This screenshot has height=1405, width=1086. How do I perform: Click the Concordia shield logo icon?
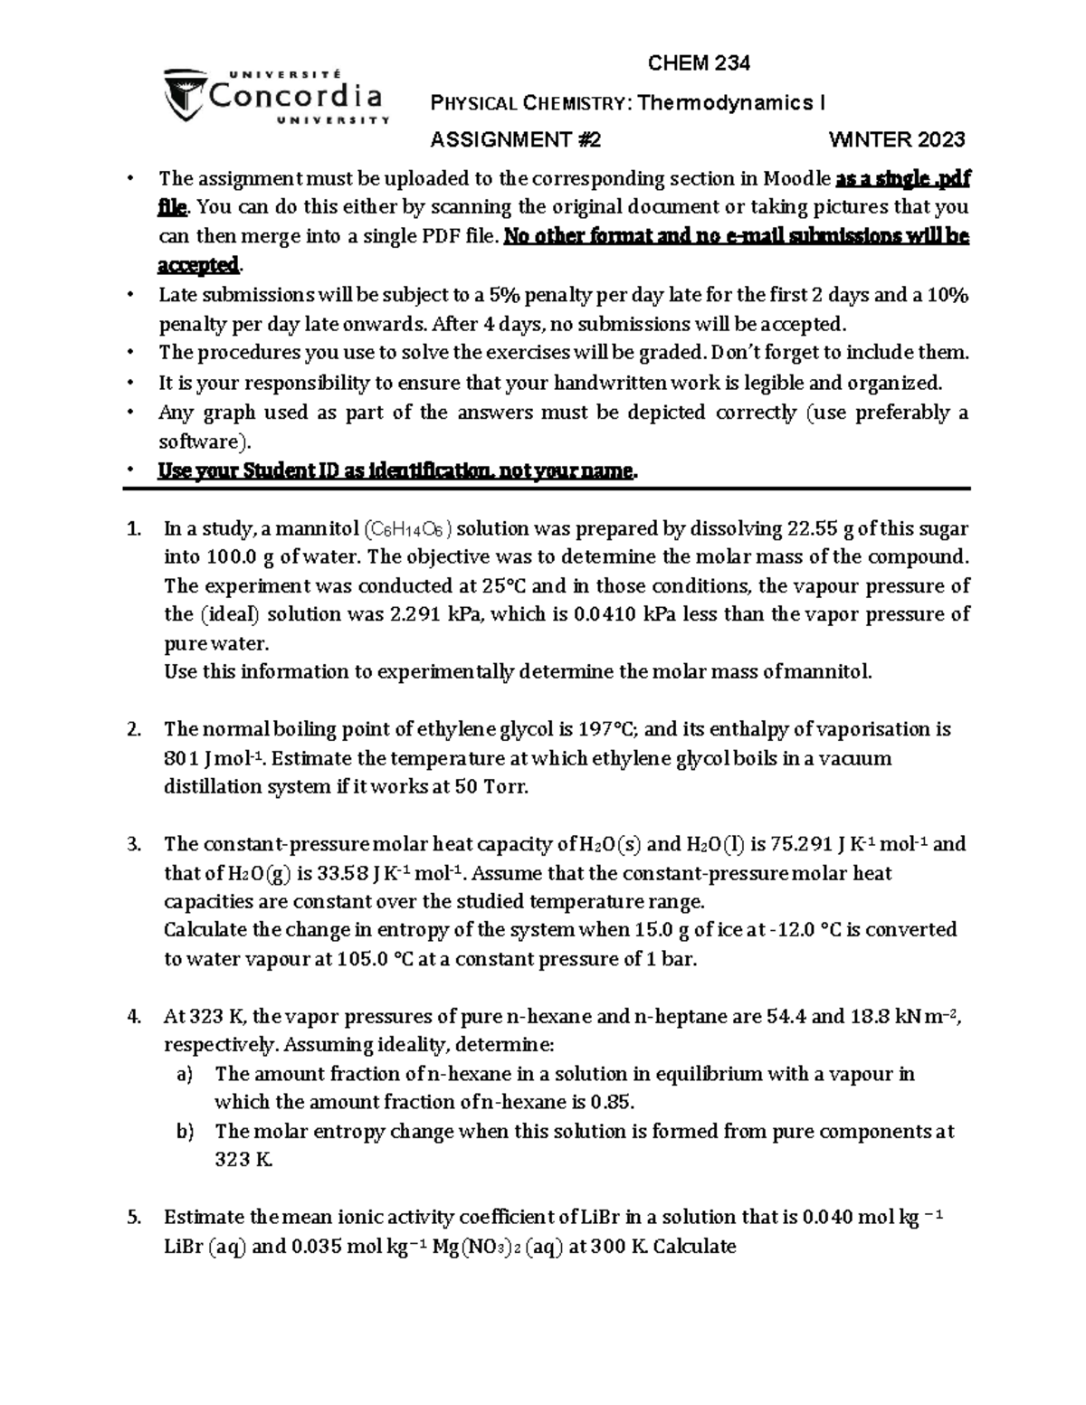[x=184, y=97]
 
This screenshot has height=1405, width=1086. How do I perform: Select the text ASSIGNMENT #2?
[x=515, y=139]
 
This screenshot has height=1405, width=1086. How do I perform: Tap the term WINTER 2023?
[x=897, y=139]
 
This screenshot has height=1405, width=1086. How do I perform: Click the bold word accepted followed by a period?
[x=198, y=265]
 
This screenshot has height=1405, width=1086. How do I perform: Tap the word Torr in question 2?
[x=502, y=786]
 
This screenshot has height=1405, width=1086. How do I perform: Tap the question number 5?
[x=135, y=1217]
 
